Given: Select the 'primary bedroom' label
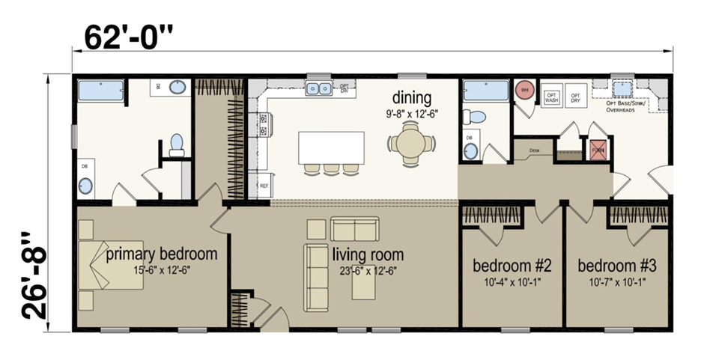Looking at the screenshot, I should [x=161, y=254].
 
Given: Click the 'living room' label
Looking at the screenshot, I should [x=368, y=254].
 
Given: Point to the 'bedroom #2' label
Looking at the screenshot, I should [x=512, y=266].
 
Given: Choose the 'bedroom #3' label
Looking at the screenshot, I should [x=617, y=266].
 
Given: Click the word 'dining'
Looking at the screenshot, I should [x=412, y=98].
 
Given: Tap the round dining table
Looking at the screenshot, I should [x=411, y=144].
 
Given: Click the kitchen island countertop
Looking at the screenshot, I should [x=331, y=147].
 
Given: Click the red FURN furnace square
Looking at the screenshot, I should [x=598, y=149].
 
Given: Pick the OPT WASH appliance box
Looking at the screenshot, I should [x=552, y=97].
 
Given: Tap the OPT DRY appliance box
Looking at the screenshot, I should [x=576, y=97].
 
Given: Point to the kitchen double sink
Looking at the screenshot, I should [x=320, y=89].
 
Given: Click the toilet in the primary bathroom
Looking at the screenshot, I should [x=177, y=144].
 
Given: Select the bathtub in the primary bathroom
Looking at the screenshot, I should [x=101, y=91].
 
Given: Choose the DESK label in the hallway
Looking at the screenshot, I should [x=534, y=150].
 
